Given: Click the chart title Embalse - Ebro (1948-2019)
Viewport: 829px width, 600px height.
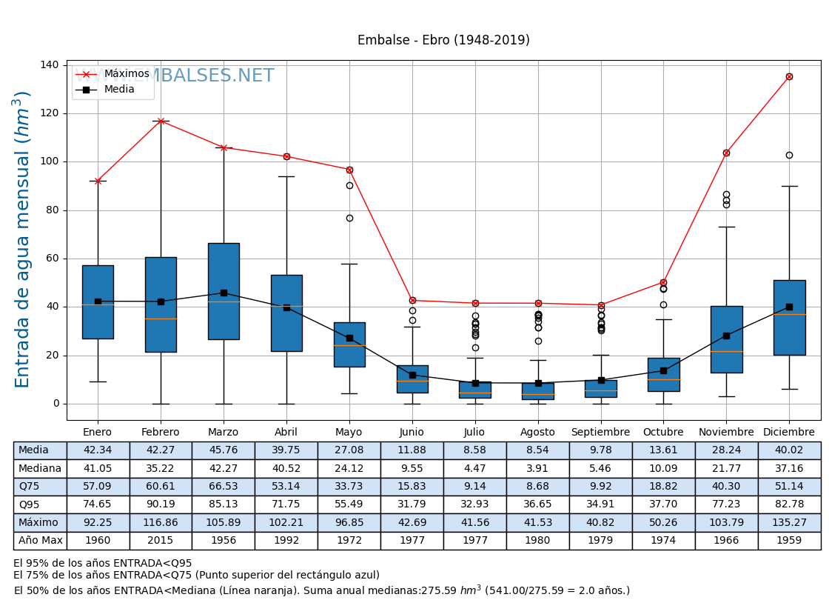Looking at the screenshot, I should pyautogui.click(x=443, y=41).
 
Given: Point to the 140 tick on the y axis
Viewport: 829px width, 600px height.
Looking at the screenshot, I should pyautogui.click(x=50, y=65).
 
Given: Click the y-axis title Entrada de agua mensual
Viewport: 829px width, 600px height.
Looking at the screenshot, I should pyautogui.click(x=23, y=239).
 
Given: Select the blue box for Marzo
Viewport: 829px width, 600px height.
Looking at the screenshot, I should pyautogui.click(x=224, y=291).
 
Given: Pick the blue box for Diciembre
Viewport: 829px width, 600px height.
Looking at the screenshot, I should pyautogui.click(x=789, y=318).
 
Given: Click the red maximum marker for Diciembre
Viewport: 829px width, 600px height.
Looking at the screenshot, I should pyautogui.click(x=789, y=76).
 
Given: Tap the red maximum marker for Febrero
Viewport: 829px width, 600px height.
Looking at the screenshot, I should pyautogui.click(x=161, y=121).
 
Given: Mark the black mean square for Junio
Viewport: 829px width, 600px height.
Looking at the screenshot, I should pyautogui.click(x=412, y=375).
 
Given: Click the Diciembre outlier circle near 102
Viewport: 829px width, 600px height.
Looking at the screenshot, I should pyautogui.click(x=789, y=155).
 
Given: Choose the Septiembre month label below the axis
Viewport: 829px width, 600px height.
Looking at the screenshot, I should pyautogui.click(x=600, y=433).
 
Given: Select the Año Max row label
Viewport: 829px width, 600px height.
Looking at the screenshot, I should pyautogui.click(x=40, y=541).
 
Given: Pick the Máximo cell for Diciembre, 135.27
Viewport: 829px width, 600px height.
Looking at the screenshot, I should pyautogui.click(x=789, y=522).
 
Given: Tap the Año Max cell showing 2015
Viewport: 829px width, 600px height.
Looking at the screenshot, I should pyautogui.click(x=161, y=541).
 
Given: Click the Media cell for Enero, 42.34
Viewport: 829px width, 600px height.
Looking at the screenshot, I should pyautogui.click(x=98, y=450).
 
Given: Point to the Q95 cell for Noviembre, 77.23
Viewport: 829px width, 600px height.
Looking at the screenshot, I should pyautogui.click(x=726, y=504).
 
